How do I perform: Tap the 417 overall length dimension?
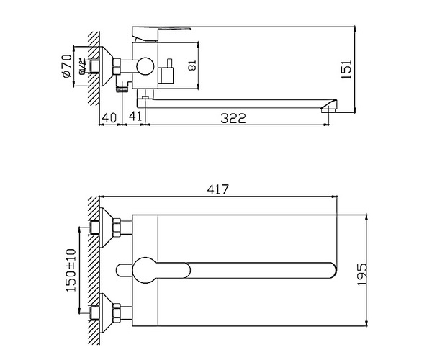[x=218, y=189]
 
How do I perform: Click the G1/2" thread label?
[x=85, y=67]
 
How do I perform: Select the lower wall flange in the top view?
[x=114, y=310]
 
